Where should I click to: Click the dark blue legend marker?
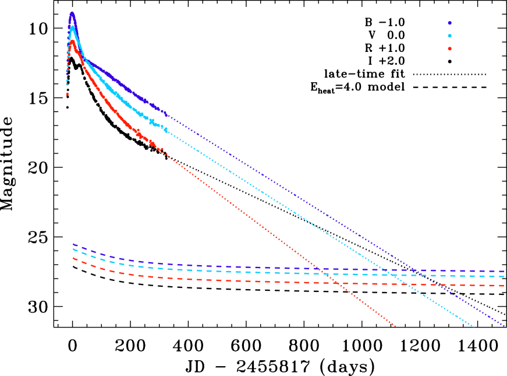click(449, 23)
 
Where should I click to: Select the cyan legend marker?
click(449, 36)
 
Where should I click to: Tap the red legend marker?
click(449, 48)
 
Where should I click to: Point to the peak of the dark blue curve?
click(72, 13)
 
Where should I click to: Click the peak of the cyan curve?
click(72, 27)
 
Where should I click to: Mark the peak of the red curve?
click(72, 41)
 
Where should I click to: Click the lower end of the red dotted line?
click(396, 326)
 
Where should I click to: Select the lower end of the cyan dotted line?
click(474, 327)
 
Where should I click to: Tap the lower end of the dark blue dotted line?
click(504, 326)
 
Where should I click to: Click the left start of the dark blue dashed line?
click(73, 244)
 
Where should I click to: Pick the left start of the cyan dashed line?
click(73, 249)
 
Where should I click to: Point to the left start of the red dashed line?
click(73, 258)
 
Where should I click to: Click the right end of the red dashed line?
click(504, 286)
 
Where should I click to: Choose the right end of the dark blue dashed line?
click(504, 271)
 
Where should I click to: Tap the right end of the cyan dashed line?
click(504, 276)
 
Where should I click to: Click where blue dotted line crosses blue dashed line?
click(418, 270)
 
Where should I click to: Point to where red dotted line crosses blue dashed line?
click(318, 269)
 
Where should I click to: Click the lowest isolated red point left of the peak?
click(67, 94)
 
